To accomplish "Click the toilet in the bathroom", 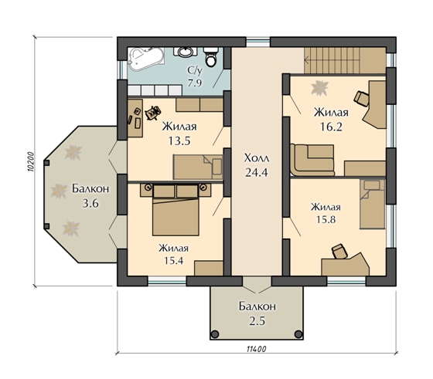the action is point(211,57).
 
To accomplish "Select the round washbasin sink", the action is point(185,52).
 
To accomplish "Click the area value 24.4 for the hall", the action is point(257,173).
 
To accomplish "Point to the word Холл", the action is point(257,158).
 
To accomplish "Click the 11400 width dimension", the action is point(256,349).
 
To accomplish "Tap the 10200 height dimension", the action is point(31,162).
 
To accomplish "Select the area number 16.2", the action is point(331,127).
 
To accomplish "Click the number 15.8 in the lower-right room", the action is point(326,219).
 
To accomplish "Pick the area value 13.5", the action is point(179,141).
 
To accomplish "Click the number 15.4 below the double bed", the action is point(174,260).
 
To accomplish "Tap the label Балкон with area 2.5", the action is point(257,306).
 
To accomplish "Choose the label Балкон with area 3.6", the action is point(90,189).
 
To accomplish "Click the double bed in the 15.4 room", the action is point(176,210).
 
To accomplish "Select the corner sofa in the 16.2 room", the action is point(312,160).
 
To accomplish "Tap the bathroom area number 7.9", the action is point(195,83).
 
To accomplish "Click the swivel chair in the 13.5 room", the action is point(153,113).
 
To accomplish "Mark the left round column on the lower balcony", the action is point(215,334).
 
